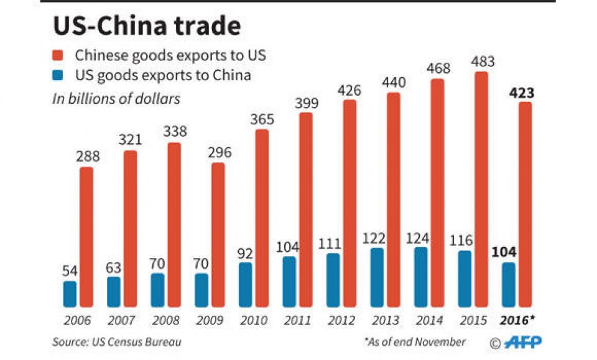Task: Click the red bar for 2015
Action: pyautogui.click(x=481, y=189)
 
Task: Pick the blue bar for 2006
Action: pyautogui.click(x=70, y=293)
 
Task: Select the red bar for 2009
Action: pyautogui.click(x=218, y=234)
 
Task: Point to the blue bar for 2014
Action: pyautogui.click(x=420, y=277)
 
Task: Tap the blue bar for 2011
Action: pyautogui.click(x=289, y=281)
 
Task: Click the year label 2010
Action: pyautogui.click(x=254, y=321)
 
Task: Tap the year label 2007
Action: pyautogui.click(x=122, y=321)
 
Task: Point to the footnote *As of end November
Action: pyautogui.click(x=415, y=341)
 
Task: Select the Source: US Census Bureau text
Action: pyautogui.click(x=118, y=341)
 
